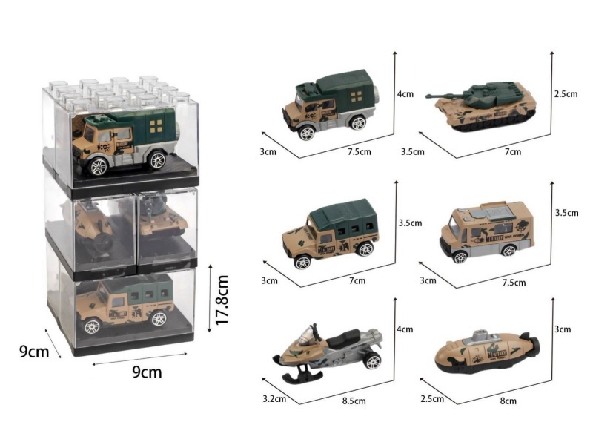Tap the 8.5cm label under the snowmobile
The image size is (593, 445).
coord(354,401)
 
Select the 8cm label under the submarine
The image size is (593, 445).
coord(508,401)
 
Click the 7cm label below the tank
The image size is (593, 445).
coord(513,152)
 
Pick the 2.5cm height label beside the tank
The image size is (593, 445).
coord(565,95)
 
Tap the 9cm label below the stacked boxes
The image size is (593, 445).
coord(146,372)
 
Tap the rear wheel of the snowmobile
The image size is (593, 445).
coord(372,361)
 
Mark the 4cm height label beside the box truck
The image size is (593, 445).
coord(405,95)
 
